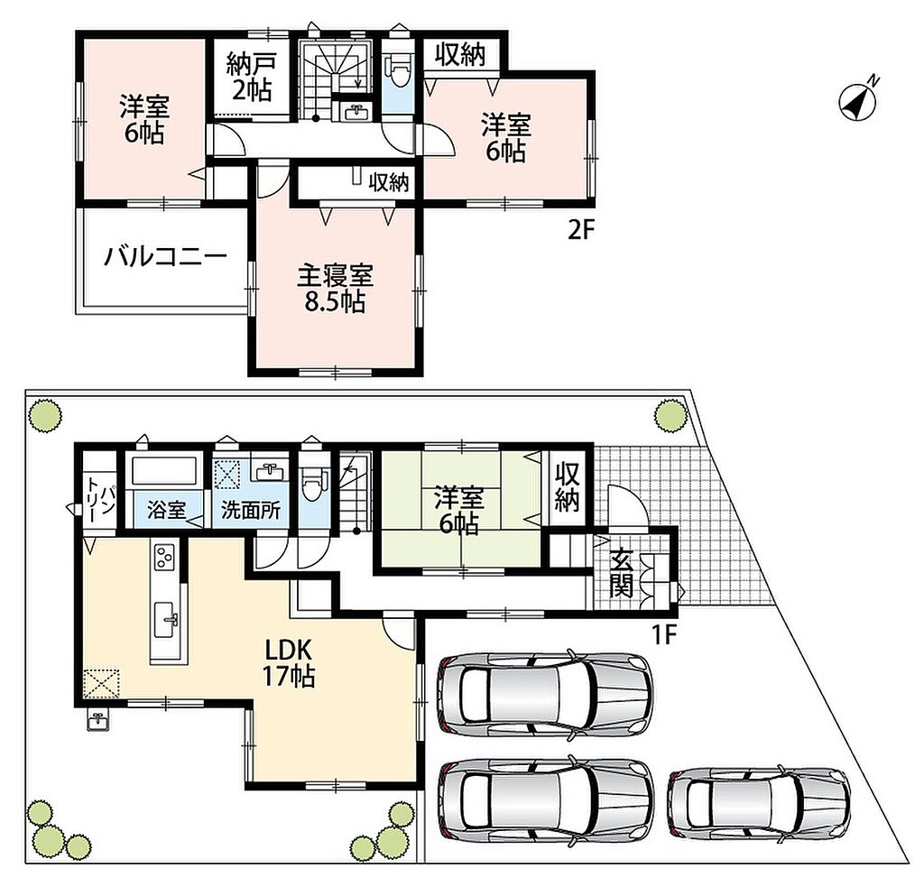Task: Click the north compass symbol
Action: click(x=857, y=101)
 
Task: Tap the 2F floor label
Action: click(x=578, y=230)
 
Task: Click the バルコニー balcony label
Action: click(x=166, y=257)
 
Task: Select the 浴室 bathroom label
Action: click(x=167, y=510)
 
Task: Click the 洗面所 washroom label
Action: click(x=251, y=510)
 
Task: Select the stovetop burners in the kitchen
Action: click(x=164, y=558)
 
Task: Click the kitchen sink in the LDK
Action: click(x=166, y=620)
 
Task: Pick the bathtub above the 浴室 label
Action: click(x=164, y=471)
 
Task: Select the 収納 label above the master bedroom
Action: click(x=389, y=182)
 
